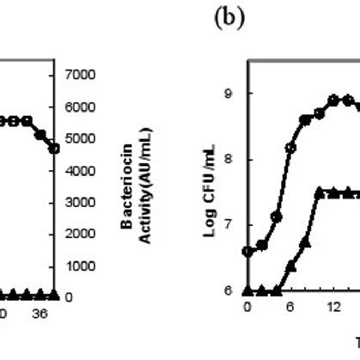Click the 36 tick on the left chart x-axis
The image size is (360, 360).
coord(40,314)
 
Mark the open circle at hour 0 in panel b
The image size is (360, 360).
coord(248,251)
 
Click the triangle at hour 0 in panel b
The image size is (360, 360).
coord(248,290)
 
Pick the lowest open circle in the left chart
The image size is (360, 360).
coord(55,149)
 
